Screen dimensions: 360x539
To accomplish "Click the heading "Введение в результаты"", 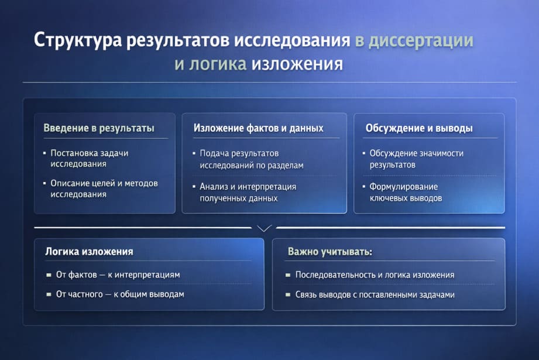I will (99, 128).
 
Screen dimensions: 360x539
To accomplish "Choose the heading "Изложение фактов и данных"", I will (258, 128).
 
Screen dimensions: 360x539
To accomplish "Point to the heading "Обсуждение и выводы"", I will (419, 128).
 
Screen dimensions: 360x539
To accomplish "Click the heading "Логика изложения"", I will (89, 252).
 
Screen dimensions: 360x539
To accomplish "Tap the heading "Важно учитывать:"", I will (330, 252).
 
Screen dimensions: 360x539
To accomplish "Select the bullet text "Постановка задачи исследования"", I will (89, 159).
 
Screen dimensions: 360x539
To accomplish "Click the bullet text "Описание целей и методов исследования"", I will (104, 188).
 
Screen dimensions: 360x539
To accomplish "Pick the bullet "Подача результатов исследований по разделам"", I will (252, 159).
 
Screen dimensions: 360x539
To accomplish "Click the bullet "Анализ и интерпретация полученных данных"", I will (248, 193).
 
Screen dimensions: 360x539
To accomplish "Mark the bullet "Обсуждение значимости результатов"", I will (416, 159).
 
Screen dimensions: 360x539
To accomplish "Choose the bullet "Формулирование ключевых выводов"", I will (406, 193).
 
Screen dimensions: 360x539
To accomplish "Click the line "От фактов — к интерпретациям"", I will (118, 275).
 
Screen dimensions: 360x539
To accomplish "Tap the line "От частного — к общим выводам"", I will (120, 294).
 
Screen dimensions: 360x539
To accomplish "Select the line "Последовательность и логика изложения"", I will (375, 275).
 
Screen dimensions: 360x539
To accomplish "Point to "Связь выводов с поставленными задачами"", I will (375, 294).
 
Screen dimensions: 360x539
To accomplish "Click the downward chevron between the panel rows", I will (265, 228).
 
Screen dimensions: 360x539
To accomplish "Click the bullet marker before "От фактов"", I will (49, 275).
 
